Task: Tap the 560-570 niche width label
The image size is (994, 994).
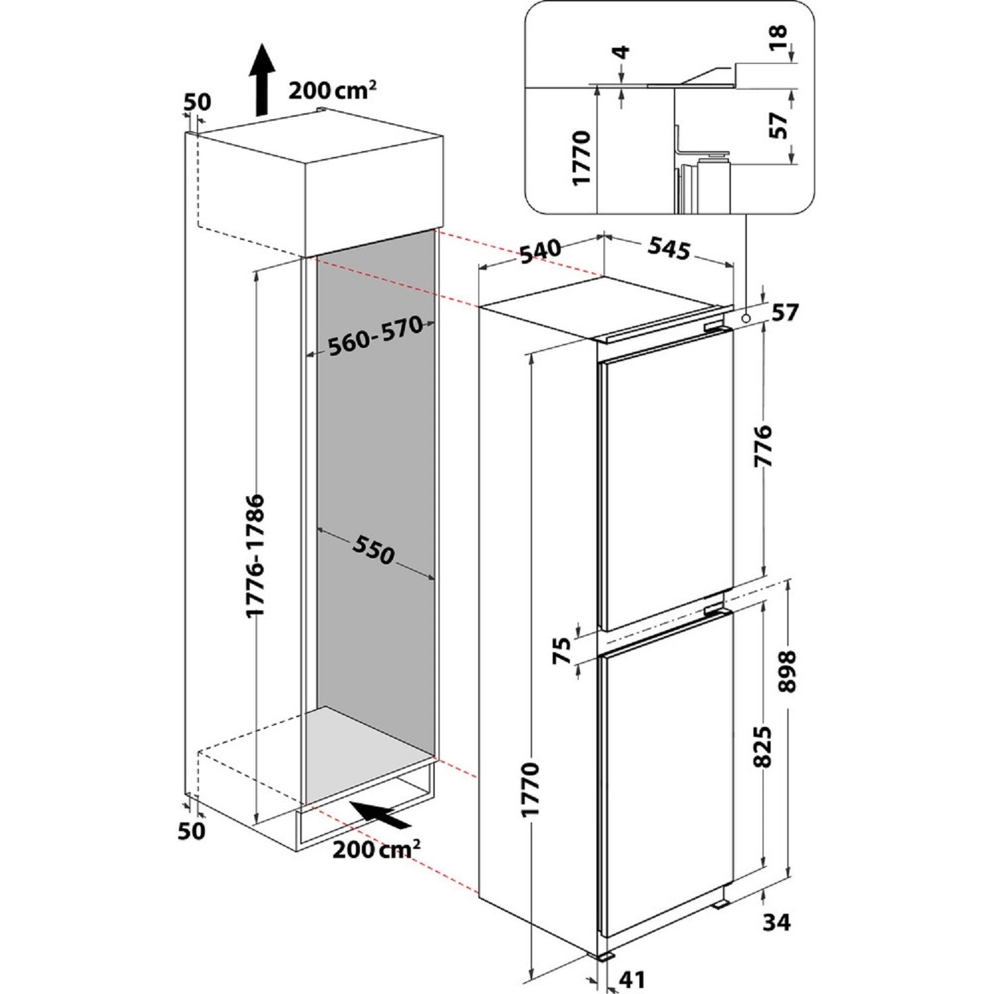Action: point(375,336)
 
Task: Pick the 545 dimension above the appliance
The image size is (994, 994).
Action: point(669,248)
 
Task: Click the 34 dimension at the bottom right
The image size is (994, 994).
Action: point(776,922)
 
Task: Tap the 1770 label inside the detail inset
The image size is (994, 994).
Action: point(580,158)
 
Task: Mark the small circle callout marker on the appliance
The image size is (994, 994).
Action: point(746,319)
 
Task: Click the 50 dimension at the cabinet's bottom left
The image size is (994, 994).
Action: point(192,830)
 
